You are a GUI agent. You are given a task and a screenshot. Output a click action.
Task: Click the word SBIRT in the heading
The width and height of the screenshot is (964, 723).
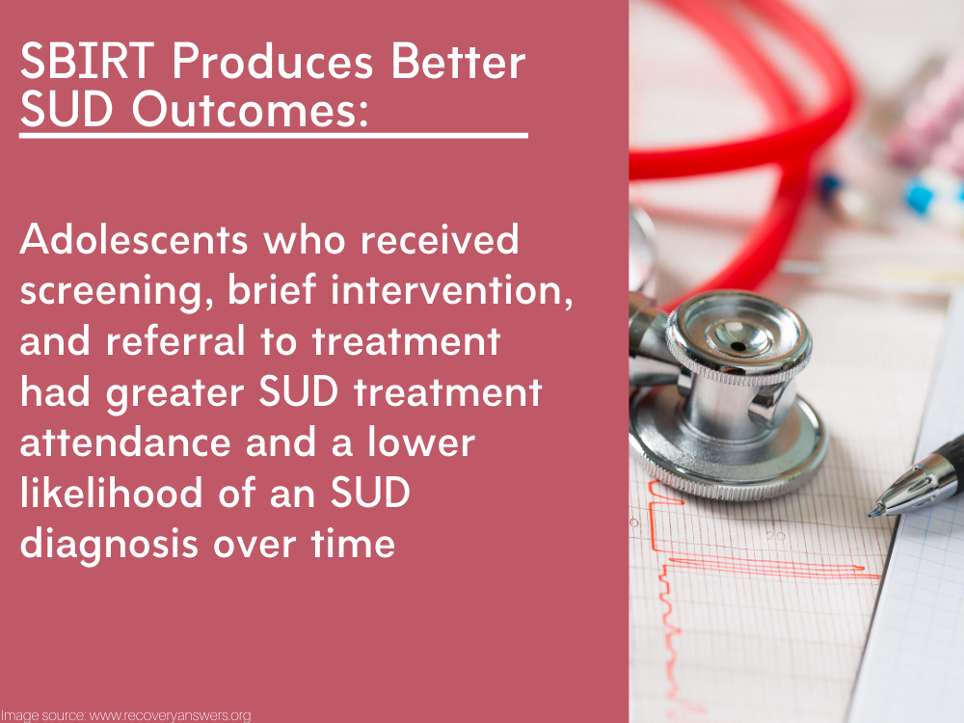click(x=87, y=62)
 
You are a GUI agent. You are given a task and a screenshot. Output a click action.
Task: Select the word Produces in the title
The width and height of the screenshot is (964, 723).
click(x=273, y=62)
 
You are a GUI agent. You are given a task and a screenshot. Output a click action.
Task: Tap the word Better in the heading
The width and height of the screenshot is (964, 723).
click(x=458, y=62)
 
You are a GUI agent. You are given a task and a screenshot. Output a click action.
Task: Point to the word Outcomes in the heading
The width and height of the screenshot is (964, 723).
click(x=249, y=110)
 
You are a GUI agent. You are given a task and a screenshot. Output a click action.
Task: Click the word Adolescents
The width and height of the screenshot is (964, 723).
click(x=133, y=239)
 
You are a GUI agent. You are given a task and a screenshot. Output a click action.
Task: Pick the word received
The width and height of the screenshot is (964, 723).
click(x=440, y=239)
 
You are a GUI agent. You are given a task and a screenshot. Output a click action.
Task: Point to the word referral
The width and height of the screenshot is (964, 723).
click(x=175, y=340)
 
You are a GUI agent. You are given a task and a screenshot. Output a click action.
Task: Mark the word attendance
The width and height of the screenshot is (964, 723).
click(x=124, y=442)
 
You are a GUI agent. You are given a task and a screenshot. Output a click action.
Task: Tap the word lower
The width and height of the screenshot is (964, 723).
click(x=421, y=442)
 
